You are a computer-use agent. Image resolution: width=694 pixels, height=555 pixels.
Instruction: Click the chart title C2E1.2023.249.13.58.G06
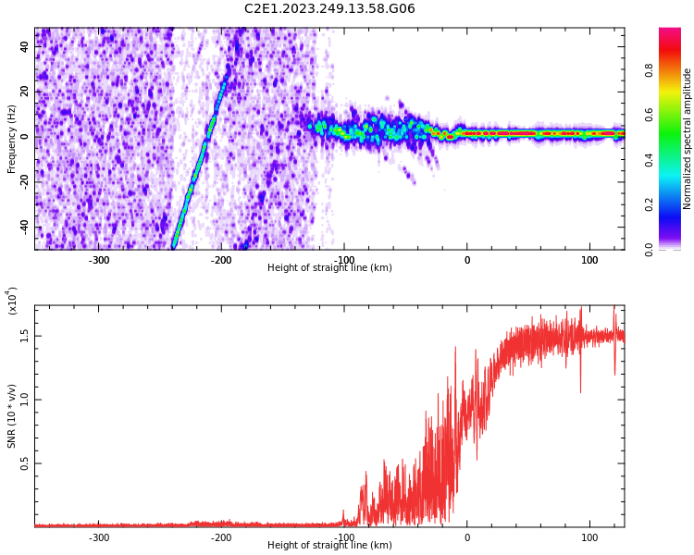pyautogui.click(x=329, y=9)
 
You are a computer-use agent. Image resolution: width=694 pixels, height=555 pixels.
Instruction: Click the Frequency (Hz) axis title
pyautogui.click(x=12, y=139)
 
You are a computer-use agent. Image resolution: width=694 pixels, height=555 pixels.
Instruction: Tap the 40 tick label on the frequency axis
pyautogui.click(x=25, y=46)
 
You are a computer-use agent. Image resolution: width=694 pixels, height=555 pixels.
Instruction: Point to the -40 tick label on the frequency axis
pyautogui.click(x=25, y=227)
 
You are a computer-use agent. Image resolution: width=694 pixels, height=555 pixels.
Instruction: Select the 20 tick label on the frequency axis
pyautogui.click(x=25, y=92)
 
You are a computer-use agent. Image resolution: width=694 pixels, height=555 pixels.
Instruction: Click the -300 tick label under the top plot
pyautogui.click(x=99, y=259)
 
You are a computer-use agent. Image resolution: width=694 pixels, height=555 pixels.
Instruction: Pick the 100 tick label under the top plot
pyautogui.click(x=589, y=259)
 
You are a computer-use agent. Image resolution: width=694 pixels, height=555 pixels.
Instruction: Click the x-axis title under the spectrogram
pyautogui.click(x=329, y=268)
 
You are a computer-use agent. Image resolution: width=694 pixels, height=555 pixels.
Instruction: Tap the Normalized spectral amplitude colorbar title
pyautogui.click(x=688, y=139)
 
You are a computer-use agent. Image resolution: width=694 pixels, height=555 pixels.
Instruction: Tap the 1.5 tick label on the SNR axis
pyautogui.click(x=25, y=336)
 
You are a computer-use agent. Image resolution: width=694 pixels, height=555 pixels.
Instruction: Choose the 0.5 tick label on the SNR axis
pyautogui.click(x=25, y=463)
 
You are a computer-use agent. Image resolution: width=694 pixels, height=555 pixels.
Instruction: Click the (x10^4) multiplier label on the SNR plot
pyautogui.click(x=13, y=301)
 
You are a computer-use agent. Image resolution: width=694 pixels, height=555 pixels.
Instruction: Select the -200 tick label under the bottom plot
pyautogui.click(x=221, y=536)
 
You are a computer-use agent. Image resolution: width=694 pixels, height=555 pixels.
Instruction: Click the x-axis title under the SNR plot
pyautogui.click(x=329, y=546)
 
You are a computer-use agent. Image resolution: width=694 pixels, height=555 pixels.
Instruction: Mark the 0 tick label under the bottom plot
pyautogui.click(x=466, y=536)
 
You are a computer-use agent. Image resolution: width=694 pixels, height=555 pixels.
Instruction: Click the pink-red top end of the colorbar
pyautogui.click(x=670, y=32)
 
